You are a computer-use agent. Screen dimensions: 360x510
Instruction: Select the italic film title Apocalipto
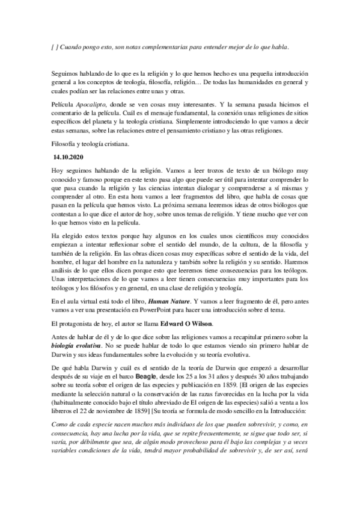[x=90, y=103]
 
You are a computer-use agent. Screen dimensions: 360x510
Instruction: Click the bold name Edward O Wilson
[x=194, y=323]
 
